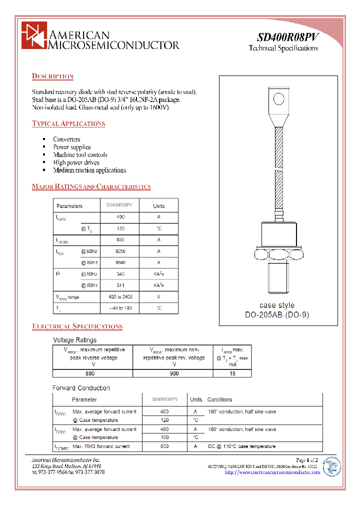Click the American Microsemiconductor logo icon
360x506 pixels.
[33, 35]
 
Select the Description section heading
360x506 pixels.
[52, 76]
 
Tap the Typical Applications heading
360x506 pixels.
[68, 123]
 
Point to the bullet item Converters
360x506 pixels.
[66, 139]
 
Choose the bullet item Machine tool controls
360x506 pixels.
[80, 154]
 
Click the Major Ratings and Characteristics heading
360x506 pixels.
[91, 186]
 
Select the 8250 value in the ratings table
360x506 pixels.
[120, 251]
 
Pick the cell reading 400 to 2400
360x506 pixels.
[120, 297]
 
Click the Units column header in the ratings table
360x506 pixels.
[158, 206]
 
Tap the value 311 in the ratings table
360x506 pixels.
[120, 285]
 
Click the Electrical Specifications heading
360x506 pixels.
[77, 326]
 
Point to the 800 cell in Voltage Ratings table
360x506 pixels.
[89, 373]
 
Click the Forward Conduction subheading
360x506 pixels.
[81, 388]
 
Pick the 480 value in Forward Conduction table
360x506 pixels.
[164, 429]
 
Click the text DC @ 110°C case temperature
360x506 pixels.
[241, 446]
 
